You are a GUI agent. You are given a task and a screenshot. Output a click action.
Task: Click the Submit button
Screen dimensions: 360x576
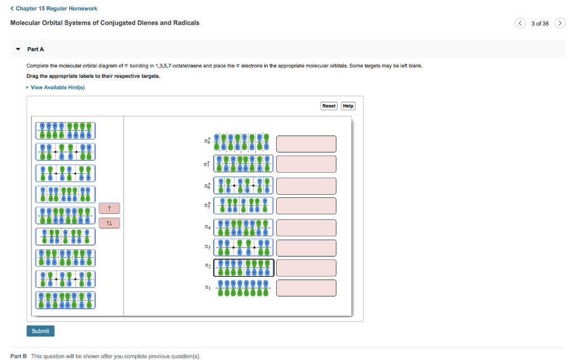coord(40,331)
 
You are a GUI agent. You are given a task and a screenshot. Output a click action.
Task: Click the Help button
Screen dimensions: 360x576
coord(348,106)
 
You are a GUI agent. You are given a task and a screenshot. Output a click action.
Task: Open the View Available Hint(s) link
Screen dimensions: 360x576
coord(57,87)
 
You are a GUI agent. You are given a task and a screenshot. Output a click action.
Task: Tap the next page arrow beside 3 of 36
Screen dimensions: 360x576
coord(560,23)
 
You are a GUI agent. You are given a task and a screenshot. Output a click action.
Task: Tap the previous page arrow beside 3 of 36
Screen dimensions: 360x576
coord(520,23)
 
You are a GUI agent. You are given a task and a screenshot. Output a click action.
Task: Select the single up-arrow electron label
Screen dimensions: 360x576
coord(109,209)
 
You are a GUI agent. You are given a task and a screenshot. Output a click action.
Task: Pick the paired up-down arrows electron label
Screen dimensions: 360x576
coord(109,223)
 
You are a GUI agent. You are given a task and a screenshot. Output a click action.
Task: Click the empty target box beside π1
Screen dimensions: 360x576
coord(306,288)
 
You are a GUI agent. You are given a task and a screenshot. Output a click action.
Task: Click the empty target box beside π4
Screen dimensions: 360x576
coord(306,228)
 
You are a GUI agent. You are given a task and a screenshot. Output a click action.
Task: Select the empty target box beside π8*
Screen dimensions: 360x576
coord(306,144)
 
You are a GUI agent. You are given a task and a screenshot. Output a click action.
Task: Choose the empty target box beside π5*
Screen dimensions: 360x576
coord(306,206)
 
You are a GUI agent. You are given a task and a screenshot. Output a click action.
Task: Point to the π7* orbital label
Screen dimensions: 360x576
coord(208,164)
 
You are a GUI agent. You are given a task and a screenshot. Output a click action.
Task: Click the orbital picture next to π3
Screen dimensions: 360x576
coord(244,247)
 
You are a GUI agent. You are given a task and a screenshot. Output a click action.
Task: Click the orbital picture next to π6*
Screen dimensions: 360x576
coord(244,185)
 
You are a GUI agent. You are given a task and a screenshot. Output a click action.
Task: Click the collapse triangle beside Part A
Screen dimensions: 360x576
coord(17,49)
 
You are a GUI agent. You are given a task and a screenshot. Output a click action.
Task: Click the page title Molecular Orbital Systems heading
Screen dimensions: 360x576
coord(105,23)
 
